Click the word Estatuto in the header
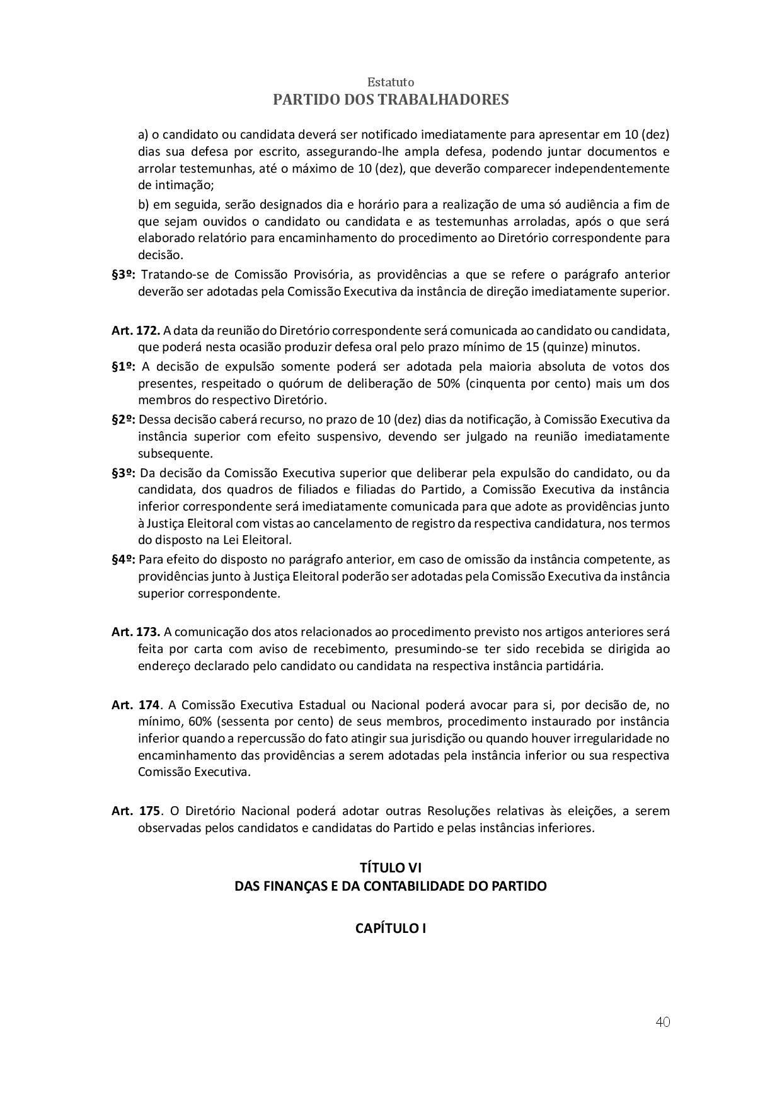(x=391, y=83)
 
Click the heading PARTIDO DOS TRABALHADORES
(x=391, y=100)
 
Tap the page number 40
(x=662, y=1022)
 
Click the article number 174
(x=149, y=705)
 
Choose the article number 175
(x=149, y=811)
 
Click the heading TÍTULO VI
(x=391, y=869)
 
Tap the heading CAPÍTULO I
(x=391, y=928)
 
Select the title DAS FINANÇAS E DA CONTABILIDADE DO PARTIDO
(x=391, y=886)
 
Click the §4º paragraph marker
(x=124, y=559)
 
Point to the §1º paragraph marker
(x=124, y=366)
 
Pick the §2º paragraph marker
(x=124, y=419)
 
